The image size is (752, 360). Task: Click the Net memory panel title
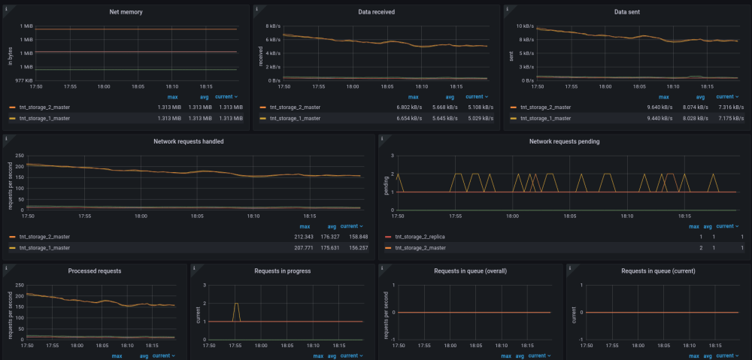(x=126, y=12)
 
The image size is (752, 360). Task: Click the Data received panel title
(x=376, y=12)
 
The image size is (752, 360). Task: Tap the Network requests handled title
(x=188, y=141)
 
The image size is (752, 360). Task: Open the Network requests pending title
(x=564, y=141)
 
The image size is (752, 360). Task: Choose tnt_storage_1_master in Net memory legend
(x=44, y=118)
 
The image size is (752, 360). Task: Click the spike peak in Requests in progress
(x=236, y=304)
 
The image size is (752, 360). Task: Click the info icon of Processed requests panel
(x=6, y=268)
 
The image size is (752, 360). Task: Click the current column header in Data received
(x=474, y=97)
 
